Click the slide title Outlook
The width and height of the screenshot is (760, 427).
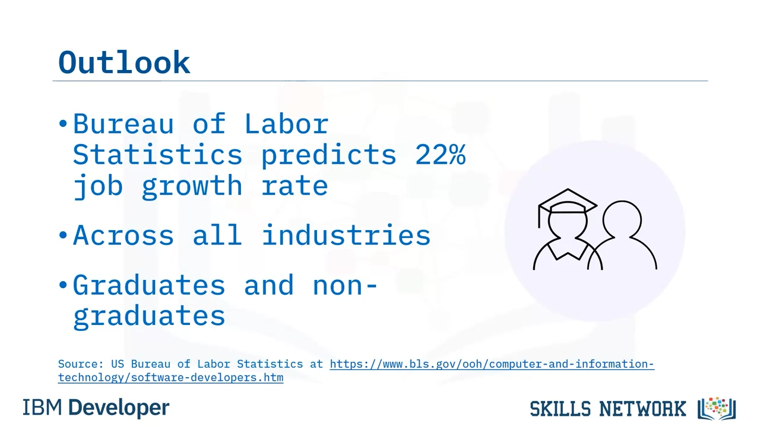point(124,62)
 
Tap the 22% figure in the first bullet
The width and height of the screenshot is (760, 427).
point(440,155)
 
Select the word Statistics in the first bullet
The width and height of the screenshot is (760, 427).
point(158,155)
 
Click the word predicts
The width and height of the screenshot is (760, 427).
point(328,155)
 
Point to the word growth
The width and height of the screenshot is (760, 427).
point(192,186)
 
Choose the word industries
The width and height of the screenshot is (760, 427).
point(346,235)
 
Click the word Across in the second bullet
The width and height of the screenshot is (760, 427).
point(123,235)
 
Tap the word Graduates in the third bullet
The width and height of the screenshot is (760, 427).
point(149,285)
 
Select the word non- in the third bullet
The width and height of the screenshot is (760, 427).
point(345,286)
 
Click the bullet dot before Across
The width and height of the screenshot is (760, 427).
point(63,234)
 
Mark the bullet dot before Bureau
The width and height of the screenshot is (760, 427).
point(63,124)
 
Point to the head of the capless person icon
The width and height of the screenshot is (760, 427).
point(622,220)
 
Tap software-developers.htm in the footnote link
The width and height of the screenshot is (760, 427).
point(207,378)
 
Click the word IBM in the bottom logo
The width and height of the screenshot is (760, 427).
point(42,407)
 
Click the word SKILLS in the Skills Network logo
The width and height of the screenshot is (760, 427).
point(560,409)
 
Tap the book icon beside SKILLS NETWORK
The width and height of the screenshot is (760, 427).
point(717,409)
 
